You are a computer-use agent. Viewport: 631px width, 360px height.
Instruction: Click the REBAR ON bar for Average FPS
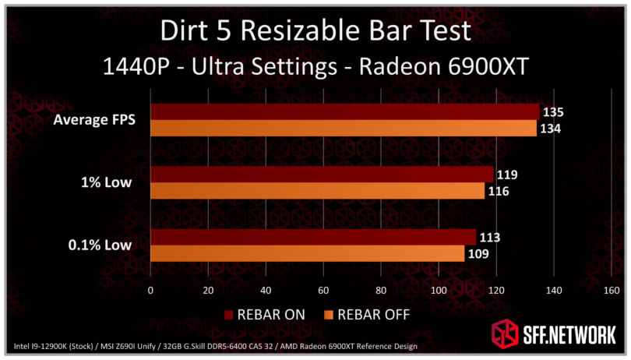pos(344,112)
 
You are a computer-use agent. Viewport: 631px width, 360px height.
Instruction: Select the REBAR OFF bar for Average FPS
pos(343,129)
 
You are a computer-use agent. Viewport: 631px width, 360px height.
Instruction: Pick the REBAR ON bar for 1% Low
pos(322,175)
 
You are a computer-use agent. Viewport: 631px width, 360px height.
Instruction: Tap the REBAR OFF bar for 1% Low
pos(317,191)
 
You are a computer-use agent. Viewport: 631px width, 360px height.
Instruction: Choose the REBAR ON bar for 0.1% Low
pos(313,237)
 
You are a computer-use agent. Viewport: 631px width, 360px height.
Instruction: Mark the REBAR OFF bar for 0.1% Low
pos(307,253)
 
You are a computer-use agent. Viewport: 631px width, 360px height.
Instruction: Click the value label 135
pos(552,112)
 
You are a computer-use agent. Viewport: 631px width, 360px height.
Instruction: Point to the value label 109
pos(478,253)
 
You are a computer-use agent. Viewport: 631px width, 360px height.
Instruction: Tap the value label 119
pos(506,175)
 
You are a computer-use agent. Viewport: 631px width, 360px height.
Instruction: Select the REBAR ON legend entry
pos(265,315)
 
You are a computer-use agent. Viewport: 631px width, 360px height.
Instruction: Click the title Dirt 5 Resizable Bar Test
pos(315,31)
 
